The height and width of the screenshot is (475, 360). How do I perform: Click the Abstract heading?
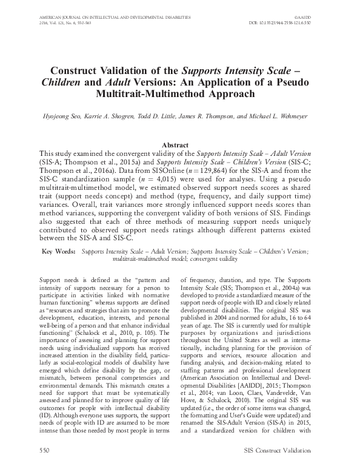point(179,144)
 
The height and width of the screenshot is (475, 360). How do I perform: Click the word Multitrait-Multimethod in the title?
point(150,95)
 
